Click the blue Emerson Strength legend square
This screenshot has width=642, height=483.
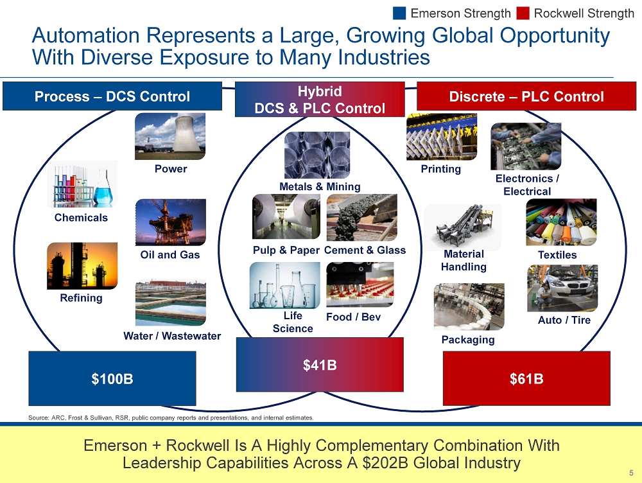(399, 13)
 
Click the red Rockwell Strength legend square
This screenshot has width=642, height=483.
(523, 13)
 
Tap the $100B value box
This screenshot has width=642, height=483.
(112, 378)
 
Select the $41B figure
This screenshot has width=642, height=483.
(320, 365)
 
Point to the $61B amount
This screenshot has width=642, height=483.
(526, 378)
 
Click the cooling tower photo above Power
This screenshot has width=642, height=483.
(170, 136)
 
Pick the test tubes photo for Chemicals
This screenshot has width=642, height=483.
(82, 184)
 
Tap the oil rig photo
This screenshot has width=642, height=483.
(171, 222)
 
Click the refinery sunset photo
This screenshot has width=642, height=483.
(82, 266)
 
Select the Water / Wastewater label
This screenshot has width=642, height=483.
(172, 336)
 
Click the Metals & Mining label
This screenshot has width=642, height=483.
(320, 187)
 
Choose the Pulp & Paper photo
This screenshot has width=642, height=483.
(286, 216)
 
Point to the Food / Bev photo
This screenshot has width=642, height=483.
(360, 285)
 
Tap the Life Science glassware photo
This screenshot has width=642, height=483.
(284, 286)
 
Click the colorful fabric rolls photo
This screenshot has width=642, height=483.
(561, 222)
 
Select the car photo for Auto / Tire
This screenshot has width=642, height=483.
(562, 288)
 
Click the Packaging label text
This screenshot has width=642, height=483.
(468, 340)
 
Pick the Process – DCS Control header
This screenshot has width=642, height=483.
(112, 96)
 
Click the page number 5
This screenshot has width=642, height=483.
(631, 473)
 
